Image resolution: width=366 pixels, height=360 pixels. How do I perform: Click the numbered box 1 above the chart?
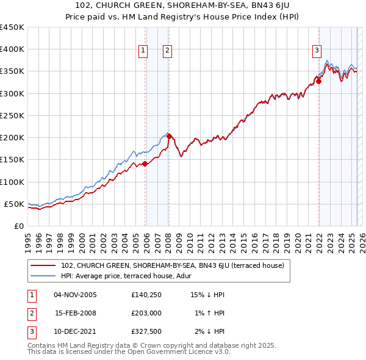coord(143,51)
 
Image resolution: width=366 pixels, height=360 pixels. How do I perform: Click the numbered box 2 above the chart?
coord(167,51)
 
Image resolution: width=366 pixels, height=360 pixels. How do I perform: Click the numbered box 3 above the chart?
coord(317,51)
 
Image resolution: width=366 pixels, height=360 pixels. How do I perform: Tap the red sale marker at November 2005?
coord(145,164)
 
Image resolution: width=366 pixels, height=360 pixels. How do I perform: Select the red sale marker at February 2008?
coord(169,136)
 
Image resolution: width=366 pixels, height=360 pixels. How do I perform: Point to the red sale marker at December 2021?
coord(318,81)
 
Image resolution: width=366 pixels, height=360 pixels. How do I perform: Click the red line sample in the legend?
coord(44,265)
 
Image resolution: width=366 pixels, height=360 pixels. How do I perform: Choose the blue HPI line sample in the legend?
coord(44,275)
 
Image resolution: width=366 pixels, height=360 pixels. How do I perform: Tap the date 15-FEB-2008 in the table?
coord(76,313)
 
